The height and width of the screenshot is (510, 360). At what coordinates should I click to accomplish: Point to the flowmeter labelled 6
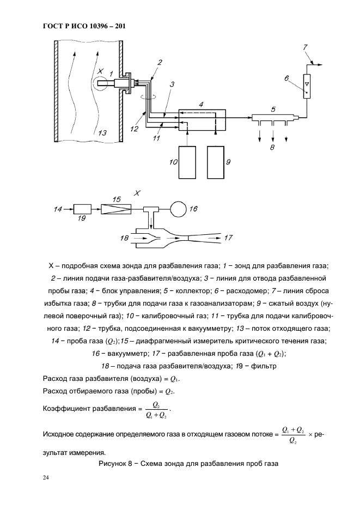308,86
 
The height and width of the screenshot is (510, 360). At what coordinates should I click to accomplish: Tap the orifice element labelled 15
117,209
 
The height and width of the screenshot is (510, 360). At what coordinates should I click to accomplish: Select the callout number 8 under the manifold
272,147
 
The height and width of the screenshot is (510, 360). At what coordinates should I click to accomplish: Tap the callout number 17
228,238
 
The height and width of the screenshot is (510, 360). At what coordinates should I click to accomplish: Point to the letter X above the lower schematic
137,192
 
